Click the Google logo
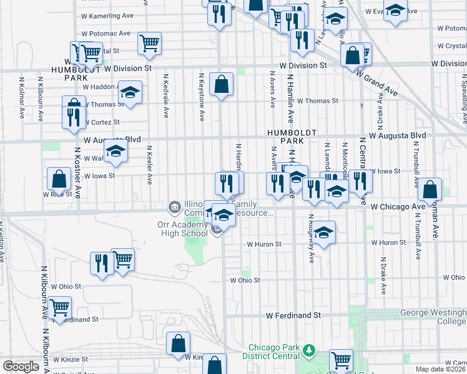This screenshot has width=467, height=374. tap(20, 367)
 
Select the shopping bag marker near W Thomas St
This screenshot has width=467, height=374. tap(222, 84)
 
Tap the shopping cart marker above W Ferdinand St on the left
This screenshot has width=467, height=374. tap(59, 307)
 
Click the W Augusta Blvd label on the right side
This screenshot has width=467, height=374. tap(397, 135)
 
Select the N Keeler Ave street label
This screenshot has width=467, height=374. tap(150, 165)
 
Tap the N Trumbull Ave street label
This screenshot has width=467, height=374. tap(415, 166)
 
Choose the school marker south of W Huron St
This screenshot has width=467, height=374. tap(323, 233)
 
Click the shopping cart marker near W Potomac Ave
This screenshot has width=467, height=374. tap(149, 43)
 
